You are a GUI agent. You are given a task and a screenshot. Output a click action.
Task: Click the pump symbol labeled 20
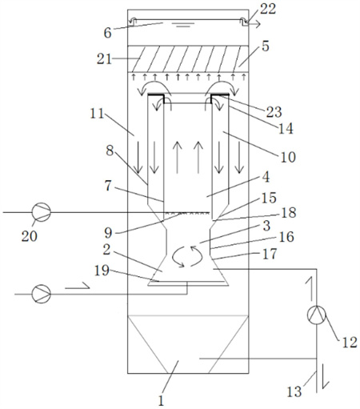[42, 212]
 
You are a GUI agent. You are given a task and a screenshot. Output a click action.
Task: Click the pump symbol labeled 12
[317, 315]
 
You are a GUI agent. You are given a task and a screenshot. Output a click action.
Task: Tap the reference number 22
[268, 9]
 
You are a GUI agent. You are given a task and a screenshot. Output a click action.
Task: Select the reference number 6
[107, 33]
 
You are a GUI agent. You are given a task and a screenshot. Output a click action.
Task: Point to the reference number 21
[104, 59]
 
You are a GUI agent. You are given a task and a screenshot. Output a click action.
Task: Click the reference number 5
[266, 46]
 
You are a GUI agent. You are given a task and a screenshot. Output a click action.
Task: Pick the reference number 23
[274, 112]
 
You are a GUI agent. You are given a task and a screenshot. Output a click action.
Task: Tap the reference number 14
[286, 129]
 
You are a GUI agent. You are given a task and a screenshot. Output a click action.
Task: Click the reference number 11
[97, 114]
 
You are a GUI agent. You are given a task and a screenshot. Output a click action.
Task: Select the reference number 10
[288, 158]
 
